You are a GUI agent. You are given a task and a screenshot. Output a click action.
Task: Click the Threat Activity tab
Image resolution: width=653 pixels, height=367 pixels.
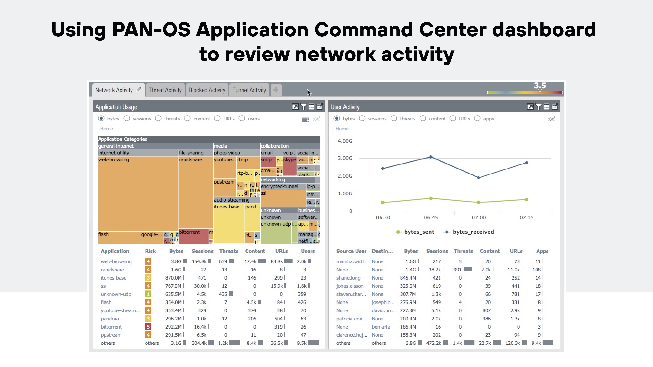tap(165, 90)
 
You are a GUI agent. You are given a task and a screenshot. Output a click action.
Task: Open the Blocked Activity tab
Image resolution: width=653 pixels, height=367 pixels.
tap(207, 90)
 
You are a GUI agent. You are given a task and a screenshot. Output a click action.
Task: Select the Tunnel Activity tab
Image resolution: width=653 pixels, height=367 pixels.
tap(249, 90)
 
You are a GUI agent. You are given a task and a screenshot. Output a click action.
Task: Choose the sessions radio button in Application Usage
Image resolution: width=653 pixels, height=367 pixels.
tap(127, 119)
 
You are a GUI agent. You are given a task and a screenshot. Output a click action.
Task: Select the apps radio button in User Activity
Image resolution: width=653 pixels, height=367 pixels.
tap(477, 119)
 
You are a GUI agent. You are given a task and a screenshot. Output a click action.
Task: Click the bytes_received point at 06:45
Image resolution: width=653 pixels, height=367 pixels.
tap(431, 157)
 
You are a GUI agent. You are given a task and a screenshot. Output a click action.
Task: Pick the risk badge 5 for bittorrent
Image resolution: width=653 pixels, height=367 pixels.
tap(148, 327)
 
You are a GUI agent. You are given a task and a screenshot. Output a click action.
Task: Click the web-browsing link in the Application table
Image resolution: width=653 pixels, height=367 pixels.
tap(116, 261)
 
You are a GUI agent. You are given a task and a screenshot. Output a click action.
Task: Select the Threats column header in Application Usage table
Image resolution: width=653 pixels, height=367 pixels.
tap(229, 251)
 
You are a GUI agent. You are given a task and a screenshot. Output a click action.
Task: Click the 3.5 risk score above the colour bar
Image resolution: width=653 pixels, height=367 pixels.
tap(540, 86)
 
